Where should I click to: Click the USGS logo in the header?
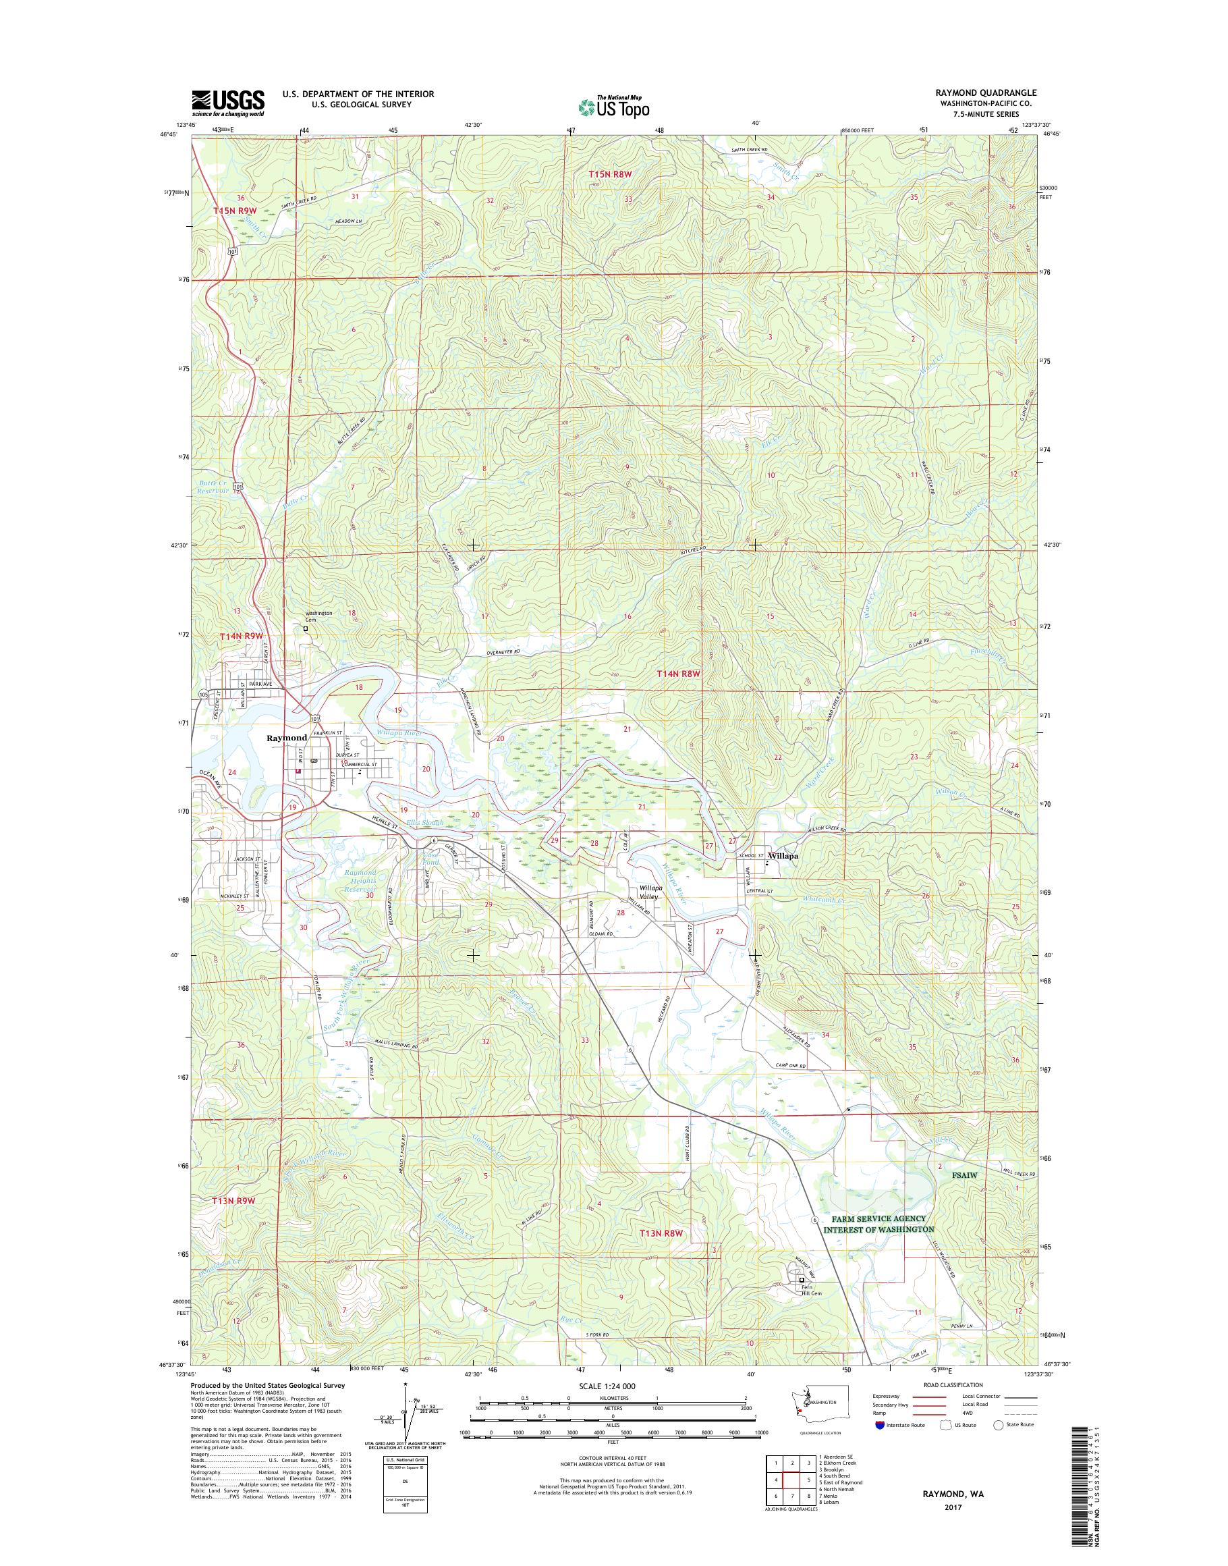(228, 103)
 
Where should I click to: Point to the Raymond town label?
(287, 738)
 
